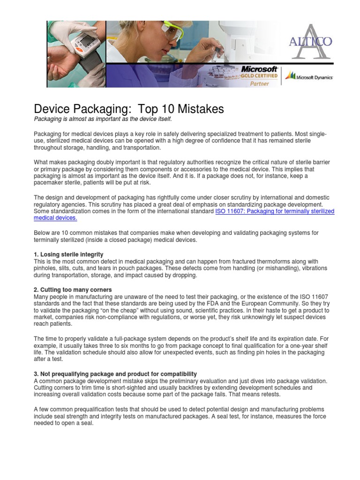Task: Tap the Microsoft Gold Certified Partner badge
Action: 259,75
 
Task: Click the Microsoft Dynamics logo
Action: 309,76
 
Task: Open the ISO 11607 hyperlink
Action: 274,211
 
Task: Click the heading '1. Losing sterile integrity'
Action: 68,255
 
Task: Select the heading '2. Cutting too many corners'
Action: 73,290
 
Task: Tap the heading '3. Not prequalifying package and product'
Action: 115,374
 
